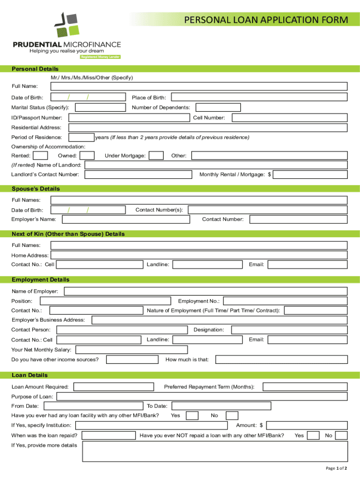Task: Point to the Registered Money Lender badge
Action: pyautogui.click(x=101, y=57)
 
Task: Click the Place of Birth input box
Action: pyautogui.click(x=259, y=97)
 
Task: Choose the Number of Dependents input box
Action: pyautogui.click(x=217, y=108)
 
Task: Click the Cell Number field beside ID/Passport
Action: pyautogui.click(x=289, y=118)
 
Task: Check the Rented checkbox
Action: pyautogui.click(x=41, y=156)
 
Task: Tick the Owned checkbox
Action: pyautogui.click(x=87, y=156)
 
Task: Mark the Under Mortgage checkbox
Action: pyautogui.click(x=156, y=156)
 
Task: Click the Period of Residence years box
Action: pyautogui.click(x=81, y=138)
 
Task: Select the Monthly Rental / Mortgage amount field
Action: pyautogui.click(x=310, y=174)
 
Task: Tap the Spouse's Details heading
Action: pyautogui.click(x=36, y=189)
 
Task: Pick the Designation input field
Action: pyautogui.click(x=288, y=330)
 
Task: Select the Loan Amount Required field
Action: pyautogui.click(x=114, y=387)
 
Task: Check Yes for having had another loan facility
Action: pyautogui.click(x=192, y=415)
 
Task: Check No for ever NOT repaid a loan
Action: pyautogui.click(x=341, y=435)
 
